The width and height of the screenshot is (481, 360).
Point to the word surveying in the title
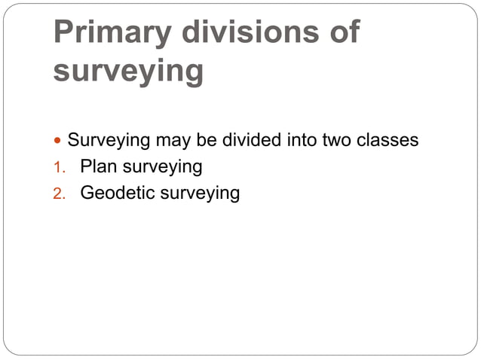click(128, 72)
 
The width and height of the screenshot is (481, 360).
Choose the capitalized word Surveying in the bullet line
click(109, 140)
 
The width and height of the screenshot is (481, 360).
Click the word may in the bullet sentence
click(173, 141)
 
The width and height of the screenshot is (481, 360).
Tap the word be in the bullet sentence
click(207, 140)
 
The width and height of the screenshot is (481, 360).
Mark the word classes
click(389, 140)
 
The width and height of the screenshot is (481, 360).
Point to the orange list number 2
click(58, 194)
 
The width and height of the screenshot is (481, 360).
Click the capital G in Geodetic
click(87, 194)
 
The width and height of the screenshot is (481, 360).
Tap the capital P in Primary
click(64, 34)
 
